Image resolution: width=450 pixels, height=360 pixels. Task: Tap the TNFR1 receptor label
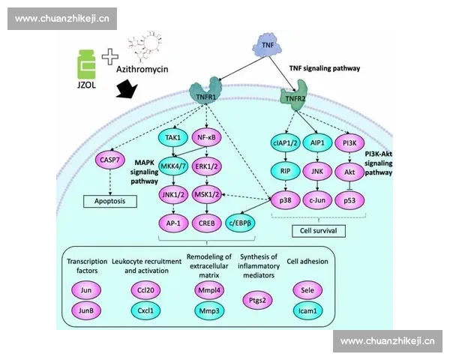pos(205,96)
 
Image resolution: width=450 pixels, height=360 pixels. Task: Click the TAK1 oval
pos(173,137)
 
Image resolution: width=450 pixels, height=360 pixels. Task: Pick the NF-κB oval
pos(207,137)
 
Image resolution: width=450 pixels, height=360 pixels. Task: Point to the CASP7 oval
pos(111,159)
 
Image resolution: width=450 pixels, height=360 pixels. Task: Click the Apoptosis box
pos(110,202)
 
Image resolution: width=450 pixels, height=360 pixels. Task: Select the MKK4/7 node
pos(173,166)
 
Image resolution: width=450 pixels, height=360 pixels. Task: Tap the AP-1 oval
pos(173,222)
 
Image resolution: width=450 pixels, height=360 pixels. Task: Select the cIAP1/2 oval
pos(286,143)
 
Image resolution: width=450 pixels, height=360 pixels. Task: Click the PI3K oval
pos(349,143)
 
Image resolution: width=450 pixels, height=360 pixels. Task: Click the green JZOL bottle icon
pos(87,64)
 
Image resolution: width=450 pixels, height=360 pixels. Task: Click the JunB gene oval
pos(85,309)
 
